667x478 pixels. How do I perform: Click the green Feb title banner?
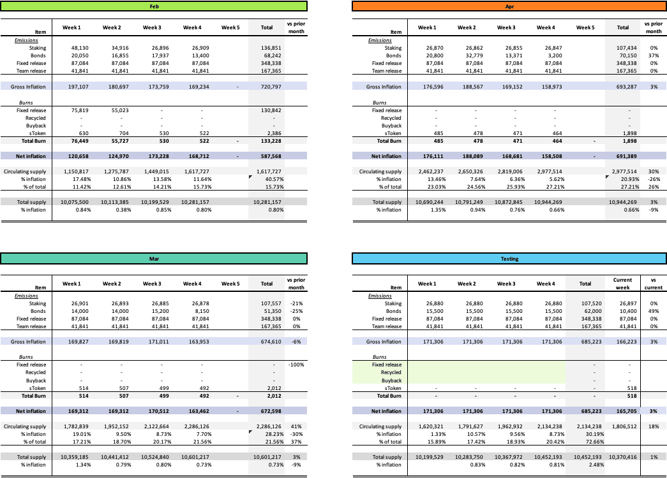154,6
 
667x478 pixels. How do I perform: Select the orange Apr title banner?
508,6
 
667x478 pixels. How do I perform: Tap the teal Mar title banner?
154,259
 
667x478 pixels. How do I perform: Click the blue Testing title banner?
508,259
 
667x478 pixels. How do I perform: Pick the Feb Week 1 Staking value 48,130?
75,48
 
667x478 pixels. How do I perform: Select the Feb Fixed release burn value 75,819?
75,110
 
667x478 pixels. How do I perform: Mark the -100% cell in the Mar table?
295,365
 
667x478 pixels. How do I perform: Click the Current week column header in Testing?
622,284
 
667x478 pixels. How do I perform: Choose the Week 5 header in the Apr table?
585,27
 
